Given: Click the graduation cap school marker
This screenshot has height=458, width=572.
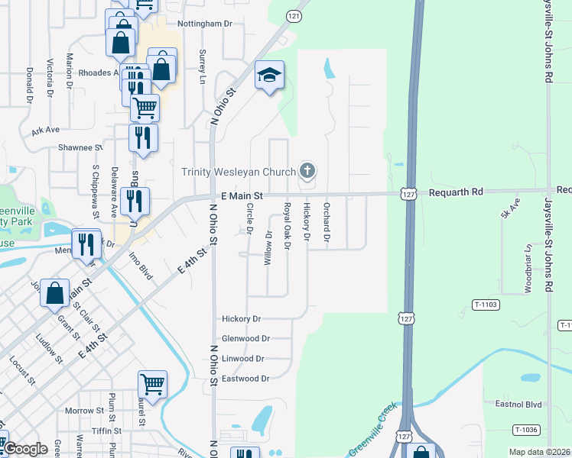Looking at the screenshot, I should click(x=269, y=76).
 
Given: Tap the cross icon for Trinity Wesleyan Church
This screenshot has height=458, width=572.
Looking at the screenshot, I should click(x=307, y=170).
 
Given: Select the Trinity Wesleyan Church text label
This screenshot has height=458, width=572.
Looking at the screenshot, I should click(x=238, y=172).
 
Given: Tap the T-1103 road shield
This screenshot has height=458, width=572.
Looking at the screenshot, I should click(x=485, y=305).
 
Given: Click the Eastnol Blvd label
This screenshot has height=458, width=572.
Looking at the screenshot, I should click(x=518, y=404).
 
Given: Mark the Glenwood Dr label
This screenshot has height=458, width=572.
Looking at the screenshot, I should click(x=245, y=338).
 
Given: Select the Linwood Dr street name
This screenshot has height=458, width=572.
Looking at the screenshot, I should click(x=242, y=358).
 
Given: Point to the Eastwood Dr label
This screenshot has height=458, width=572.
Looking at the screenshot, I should click(x=245, y=379).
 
